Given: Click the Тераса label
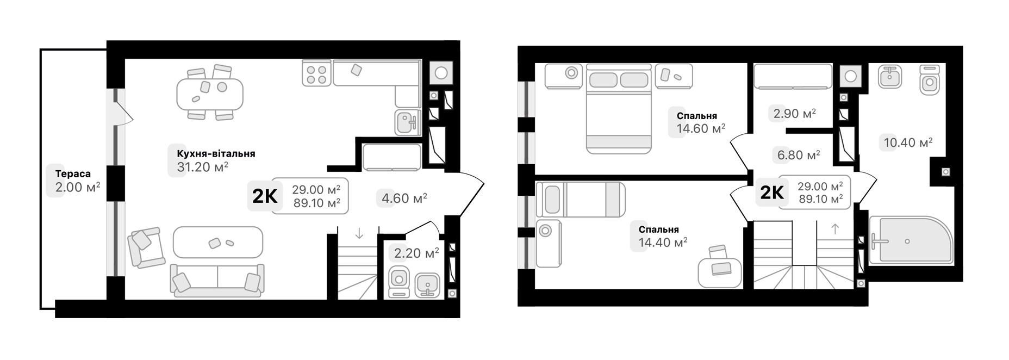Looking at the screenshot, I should point(73,174).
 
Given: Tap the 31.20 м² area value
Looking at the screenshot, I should point(202,167).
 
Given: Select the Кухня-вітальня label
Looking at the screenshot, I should point(216,154).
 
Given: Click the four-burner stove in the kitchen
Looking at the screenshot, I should point(315,74).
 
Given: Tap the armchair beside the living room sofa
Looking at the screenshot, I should point(146,247).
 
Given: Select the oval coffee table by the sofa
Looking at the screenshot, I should point(217,242).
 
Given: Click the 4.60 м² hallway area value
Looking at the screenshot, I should point(404,198).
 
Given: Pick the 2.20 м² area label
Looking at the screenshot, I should point(416,253).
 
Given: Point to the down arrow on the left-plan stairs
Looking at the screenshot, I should point(359,234).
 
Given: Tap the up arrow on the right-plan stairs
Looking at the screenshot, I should point(835,229).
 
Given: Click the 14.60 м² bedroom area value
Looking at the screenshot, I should point(701,128).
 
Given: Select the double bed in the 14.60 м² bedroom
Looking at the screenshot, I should point(619,109).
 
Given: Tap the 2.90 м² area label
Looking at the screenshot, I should point(795,114).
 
